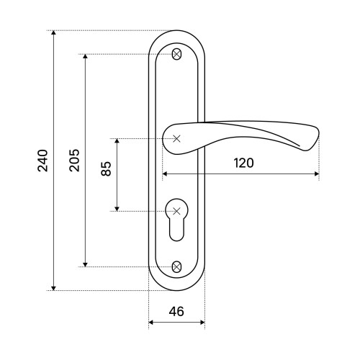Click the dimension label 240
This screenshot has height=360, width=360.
click(43, 161)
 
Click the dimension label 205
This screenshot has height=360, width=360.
click(74, 161)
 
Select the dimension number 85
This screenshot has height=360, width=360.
click(106, 168)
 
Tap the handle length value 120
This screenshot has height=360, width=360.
click(243, 163)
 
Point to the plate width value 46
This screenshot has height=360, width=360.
click(176, 312)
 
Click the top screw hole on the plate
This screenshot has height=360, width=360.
click(176, 54)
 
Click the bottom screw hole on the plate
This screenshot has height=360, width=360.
click(176, 266)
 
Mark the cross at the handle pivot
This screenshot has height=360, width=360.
click(176, 138)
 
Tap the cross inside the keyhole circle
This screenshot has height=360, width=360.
click(176, 211)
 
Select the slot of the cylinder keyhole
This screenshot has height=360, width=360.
click(176, 230)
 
